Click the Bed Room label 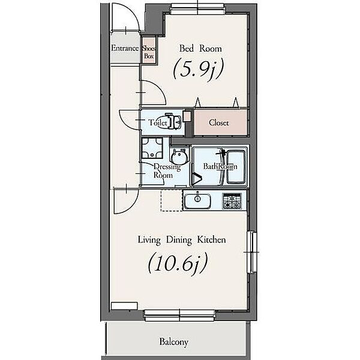[x=200, y=49]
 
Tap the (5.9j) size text [x=198, y=68]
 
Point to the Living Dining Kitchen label [x=182, y=240]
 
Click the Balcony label [x=174, y=342]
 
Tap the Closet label [x=219, y=123]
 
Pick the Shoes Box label [x=149, y=52]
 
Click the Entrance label [x=125, y=48]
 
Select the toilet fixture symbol [x=173, y=121]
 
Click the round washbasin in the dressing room [x=179, y=155]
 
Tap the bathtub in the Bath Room [x=236, y=166]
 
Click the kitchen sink [x=197, y=201]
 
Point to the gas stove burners [x=232, y=201]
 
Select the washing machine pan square [x=152, y=148]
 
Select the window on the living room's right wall [x=252, y=252]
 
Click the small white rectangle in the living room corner [x=124, y=306]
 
